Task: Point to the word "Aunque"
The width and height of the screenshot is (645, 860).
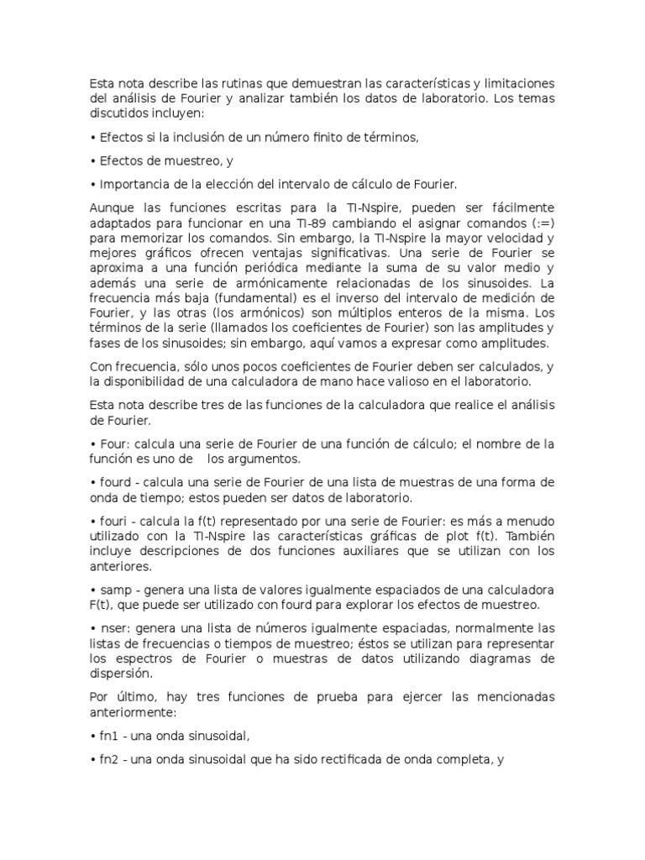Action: click(x=111, y=207)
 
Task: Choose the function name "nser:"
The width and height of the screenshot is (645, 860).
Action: click(x=115, y=627)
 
